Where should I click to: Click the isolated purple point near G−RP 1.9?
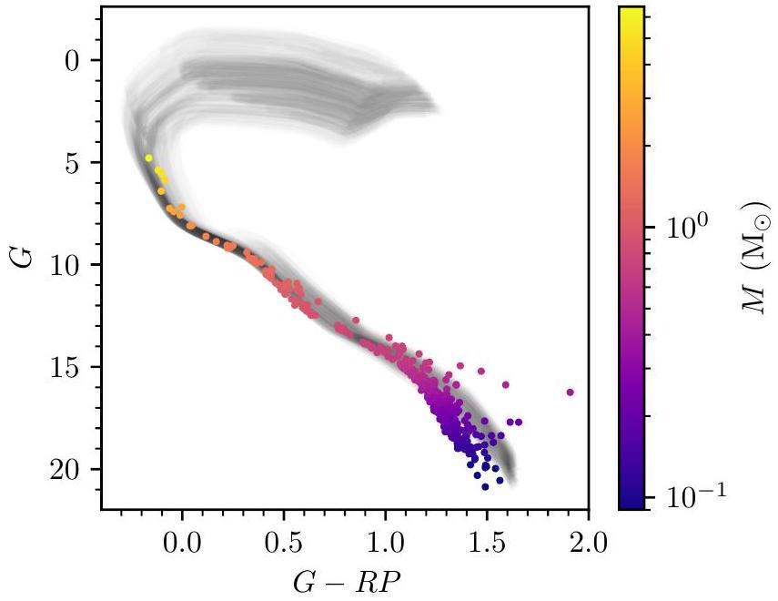(x=571, y=392)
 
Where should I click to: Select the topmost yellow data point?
(x=148, y=158)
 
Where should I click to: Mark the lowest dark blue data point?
(x=485, y=487)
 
